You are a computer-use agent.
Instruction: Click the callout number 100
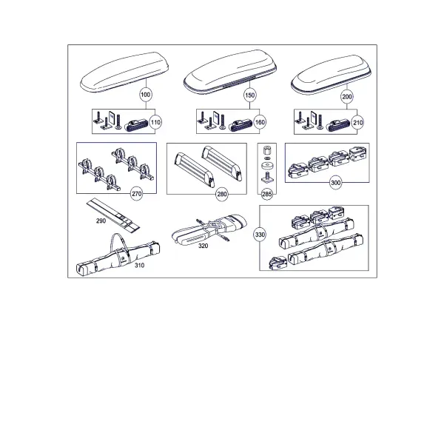[146, 94]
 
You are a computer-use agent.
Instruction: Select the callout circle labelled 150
[250, 95]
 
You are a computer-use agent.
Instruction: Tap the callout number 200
[347, 97]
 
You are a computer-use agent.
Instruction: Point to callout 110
[155, 122]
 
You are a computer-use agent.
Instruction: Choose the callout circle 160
[260, 122]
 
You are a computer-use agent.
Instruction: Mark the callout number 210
[357, 123]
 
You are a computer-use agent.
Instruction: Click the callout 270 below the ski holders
[136, 194]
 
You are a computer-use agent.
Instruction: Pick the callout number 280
[222, 194]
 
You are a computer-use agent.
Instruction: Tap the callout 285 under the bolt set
[267, 194]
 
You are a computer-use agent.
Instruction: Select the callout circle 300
[335, 183]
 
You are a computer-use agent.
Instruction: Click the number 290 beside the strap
[101, 221]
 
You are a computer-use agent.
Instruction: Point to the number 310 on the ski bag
[139, 266]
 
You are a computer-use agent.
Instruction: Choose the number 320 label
[203, 246]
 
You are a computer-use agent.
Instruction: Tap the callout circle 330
[260, 235]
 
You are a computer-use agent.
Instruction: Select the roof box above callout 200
[331, 75]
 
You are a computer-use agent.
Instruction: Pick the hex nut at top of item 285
[267, 150]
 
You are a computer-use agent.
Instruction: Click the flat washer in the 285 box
[267, 165]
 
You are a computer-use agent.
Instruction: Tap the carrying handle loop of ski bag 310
[117, 240]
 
